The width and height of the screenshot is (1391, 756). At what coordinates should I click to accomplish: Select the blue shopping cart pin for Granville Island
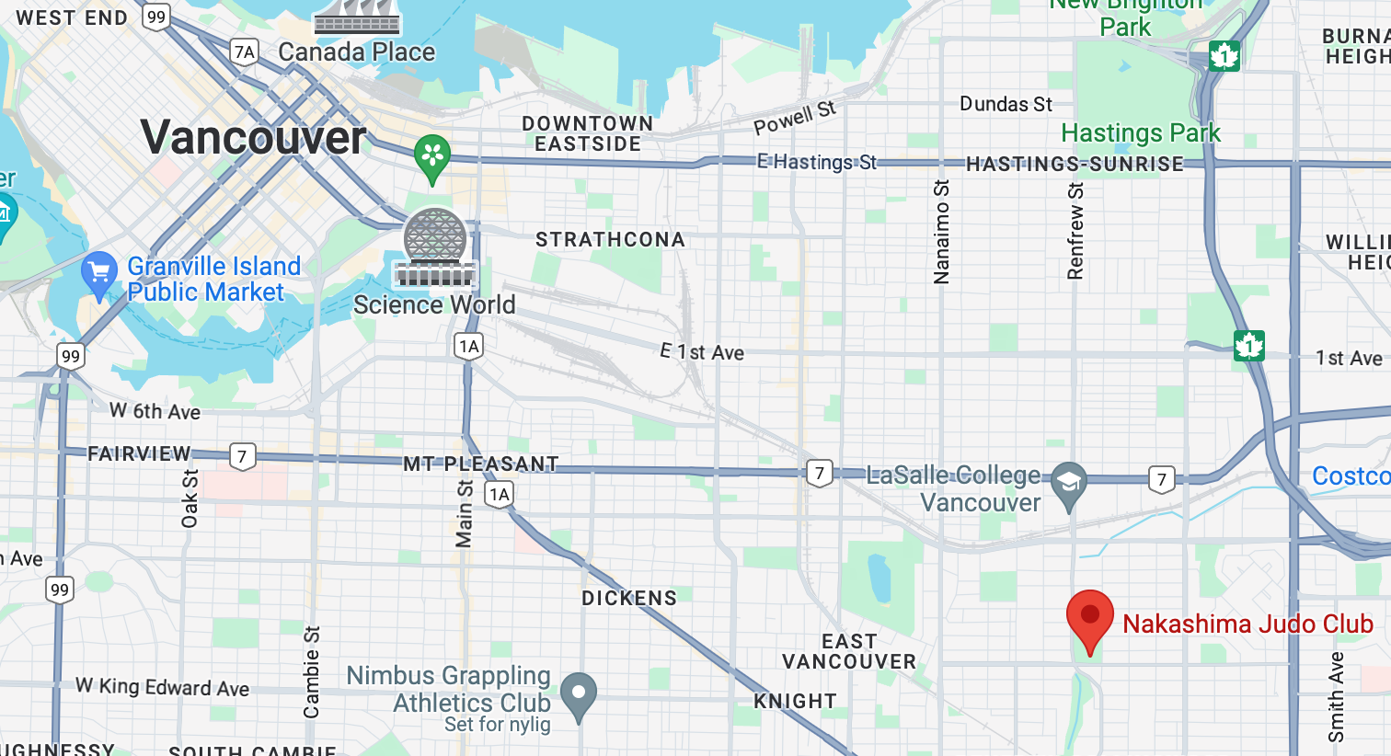99,273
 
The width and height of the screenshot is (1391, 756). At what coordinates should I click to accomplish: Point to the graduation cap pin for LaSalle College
1068,483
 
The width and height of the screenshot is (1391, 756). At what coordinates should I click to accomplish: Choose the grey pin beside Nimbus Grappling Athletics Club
579,695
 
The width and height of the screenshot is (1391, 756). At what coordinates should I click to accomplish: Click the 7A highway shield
244,52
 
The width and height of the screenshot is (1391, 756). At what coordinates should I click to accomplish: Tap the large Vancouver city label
254,138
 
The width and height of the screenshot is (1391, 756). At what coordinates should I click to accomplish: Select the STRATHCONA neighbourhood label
610,240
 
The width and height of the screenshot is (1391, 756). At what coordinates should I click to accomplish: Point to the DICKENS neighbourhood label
629,599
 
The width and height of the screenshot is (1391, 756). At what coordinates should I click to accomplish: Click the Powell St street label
795,117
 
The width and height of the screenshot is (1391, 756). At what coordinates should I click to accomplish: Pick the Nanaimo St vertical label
941,232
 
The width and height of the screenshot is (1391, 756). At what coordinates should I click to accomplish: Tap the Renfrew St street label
1075,231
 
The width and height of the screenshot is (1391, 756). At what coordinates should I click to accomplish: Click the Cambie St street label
312,672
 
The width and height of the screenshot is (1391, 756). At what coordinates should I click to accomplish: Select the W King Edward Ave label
162,687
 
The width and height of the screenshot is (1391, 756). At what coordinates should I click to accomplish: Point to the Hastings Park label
1141,133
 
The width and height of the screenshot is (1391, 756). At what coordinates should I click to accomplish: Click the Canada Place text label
357,52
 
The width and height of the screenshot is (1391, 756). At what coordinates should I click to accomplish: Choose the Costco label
1351,476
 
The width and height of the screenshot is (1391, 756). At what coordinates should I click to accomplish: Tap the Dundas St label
1006,104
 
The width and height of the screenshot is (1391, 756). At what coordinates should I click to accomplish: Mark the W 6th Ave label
155,411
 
